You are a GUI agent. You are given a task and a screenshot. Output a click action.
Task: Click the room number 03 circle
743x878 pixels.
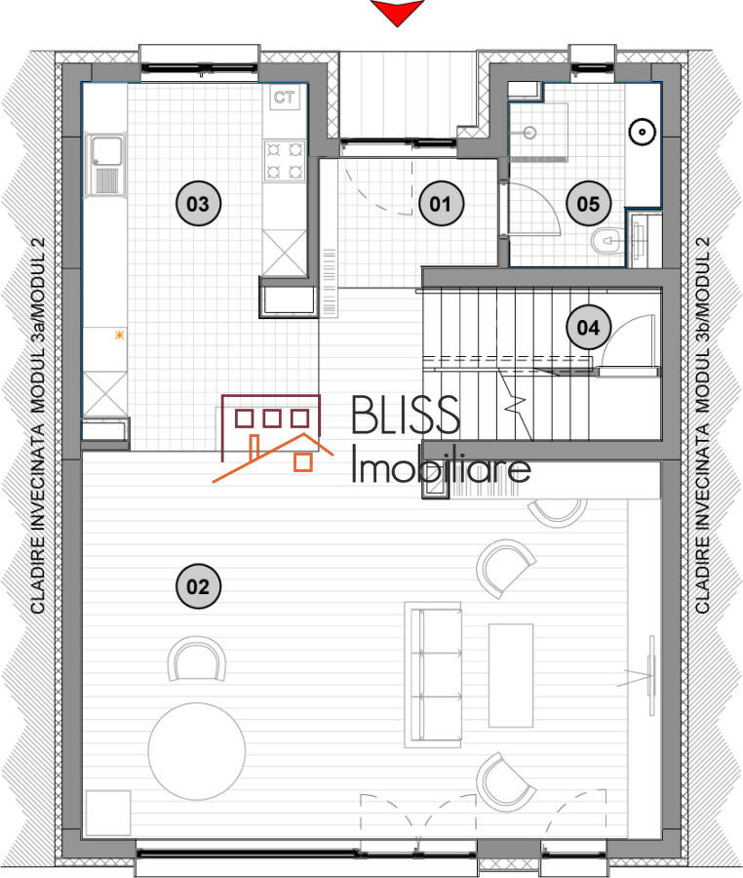pyautogui.click(x=198, y=203)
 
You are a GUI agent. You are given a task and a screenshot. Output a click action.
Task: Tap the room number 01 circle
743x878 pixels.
pyautogui.click(x=441, y=203)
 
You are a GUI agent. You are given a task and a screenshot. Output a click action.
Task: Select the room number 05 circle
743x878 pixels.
pyautogui.click(x=588, y=203)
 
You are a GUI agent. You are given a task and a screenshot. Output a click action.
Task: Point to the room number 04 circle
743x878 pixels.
pyautogui.click(x=588, y=327)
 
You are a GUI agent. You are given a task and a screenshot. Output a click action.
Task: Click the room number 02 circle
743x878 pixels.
pyautogui.click(x=198, y=586)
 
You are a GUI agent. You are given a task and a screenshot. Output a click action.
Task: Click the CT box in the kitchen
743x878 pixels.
pyautogui.click(x=284, y=98)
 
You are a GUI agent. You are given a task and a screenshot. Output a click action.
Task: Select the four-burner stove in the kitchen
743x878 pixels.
pyautogui.click(x=284, y=161)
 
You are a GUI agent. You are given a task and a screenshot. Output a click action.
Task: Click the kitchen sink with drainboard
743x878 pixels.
pyautogui.click(x=104, y=165)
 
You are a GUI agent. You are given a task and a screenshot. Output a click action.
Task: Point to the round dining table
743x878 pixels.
pyautogui.click(x=196, y=751)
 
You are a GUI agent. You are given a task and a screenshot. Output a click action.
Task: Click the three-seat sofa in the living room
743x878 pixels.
pyautogui.click(x=433, y=675)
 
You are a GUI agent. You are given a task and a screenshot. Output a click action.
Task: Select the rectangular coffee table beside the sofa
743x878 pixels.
pyautogui.click(x=511, y=675)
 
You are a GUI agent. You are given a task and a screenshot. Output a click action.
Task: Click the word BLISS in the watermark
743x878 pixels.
pyautogui.click(x=406, y=415)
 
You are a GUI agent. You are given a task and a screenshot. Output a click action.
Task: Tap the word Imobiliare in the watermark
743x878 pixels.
pyautogui.click(x=441, y=466)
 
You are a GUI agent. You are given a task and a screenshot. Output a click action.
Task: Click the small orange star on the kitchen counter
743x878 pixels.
pyautogui.click(x=119, y=335)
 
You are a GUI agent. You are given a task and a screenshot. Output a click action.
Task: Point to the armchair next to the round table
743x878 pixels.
pyautogui.click(x=197, y=659)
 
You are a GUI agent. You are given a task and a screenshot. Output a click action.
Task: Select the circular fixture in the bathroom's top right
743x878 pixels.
pyautogui.click(x=642, y=132)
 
